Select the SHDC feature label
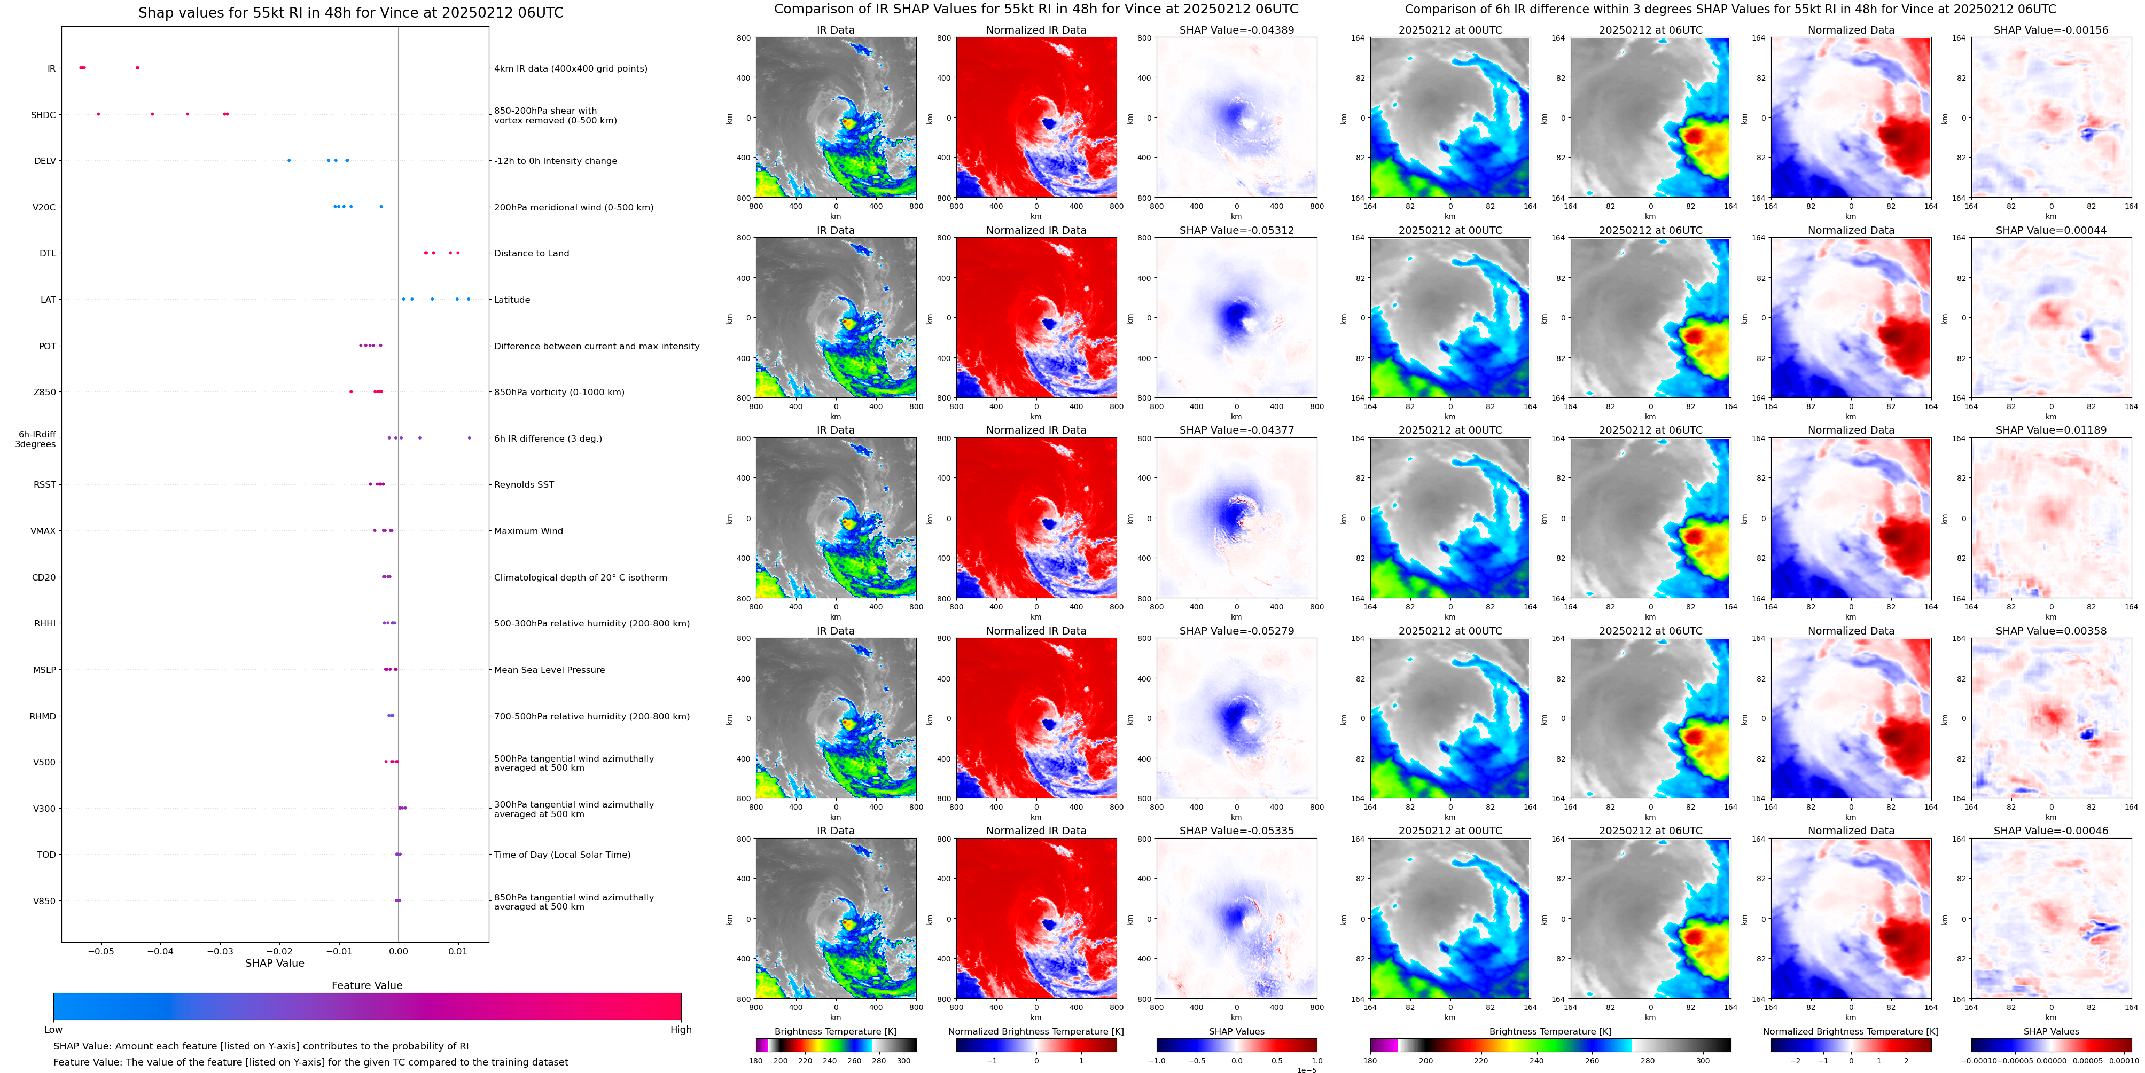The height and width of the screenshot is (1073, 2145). point(43,115)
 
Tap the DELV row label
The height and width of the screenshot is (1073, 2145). point(45,161)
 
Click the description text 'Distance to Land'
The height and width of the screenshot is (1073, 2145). point(531,253)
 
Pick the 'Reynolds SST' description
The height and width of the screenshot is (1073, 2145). point(524,484)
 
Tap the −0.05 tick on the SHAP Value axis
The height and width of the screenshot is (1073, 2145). point(101,951)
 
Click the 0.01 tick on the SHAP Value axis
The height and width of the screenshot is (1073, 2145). point(458,951)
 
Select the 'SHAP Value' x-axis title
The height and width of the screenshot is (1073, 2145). point(275,963)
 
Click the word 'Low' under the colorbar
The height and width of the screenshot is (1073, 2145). point(53,1030)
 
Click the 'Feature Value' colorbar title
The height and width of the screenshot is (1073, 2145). point(367,985)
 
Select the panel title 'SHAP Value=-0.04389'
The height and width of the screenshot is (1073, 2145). point(1237,30)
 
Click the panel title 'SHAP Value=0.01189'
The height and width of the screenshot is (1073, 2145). point(2051,430)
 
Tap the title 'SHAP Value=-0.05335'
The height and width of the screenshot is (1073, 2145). point(1237,831)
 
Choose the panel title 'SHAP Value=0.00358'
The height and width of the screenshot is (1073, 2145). point(2051,631)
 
